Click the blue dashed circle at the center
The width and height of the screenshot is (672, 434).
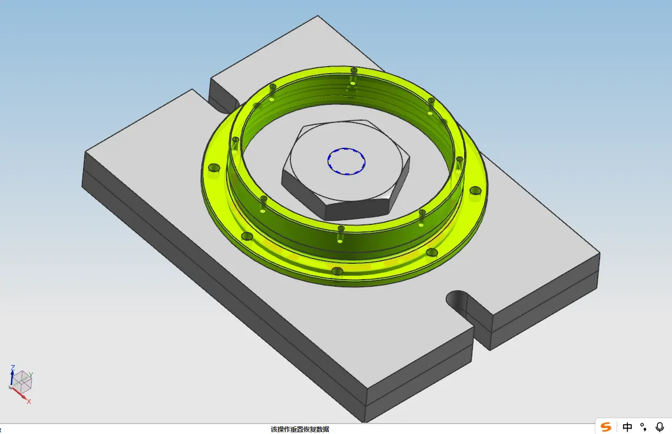click(346, 149)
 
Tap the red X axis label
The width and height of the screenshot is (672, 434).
click(29, 402)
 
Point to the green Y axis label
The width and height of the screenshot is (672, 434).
click(31, 375)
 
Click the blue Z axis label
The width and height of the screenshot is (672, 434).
click(13, 368)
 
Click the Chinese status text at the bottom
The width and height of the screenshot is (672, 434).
click(300, 429)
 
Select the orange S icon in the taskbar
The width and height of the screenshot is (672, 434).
click(606, 427)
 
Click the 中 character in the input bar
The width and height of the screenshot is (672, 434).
click(627, 427)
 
